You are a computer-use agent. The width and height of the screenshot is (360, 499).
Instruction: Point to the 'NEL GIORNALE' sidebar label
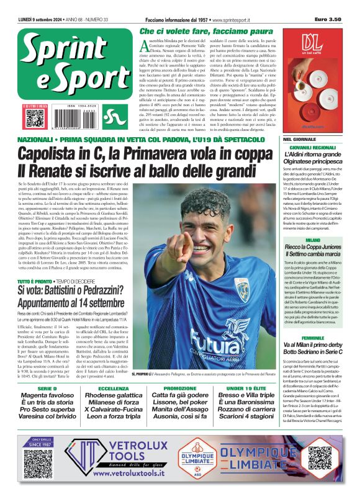(x=300, y=139)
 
